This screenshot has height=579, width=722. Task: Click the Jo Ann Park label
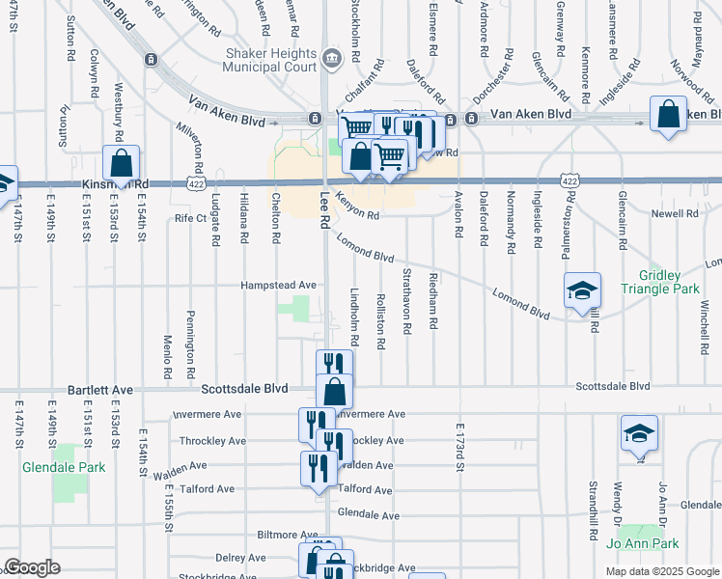point(641,543)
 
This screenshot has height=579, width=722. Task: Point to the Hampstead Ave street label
point(279,286)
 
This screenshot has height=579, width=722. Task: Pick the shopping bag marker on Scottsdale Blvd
point(334,392)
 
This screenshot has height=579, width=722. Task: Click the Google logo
point(32,567)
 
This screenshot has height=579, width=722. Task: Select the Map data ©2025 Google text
point(661,571)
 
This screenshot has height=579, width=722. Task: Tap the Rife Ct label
point(190,219)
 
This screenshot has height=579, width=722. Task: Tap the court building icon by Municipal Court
point(331,57)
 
